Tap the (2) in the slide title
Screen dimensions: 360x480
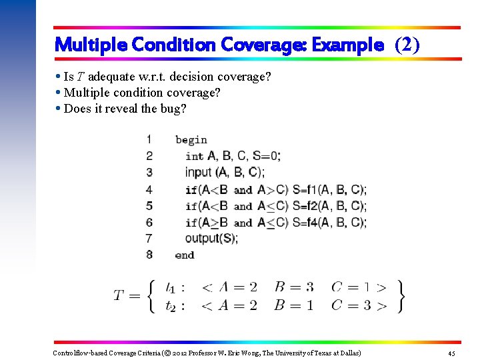point(407,45)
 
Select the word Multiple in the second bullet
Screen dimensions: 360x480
point(85,93)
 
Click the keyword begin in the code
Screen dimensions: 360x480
point(191,140)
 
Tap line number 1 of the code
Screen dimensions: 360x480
point(149,139)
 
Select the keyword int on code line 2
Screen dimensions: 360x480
point(194,156)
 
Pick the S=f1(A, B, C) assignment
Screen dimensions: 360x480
point(329,189)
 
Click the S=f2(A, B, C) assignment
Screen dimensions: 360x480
point(329,206)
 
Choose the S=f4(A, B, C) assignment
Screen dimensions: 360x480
point(329,222)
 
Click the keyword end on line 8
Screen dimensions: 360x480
point(185,255)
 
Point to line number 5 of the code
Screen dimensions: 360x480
point(149,205)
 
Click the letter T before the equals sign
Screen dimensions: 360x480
point(119,295)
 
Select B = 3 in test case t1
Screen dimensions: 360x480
point(294,287)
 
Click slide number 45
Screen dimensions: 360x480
point(451,353)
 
